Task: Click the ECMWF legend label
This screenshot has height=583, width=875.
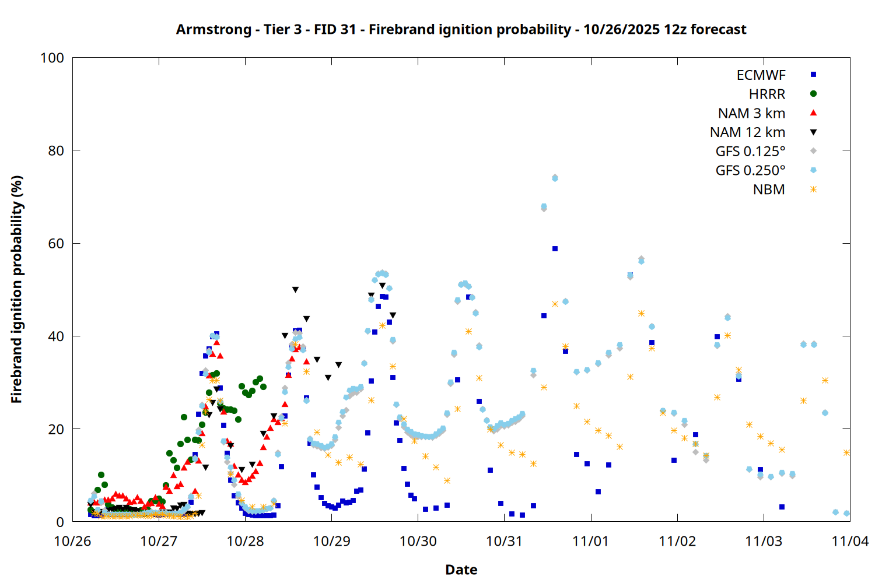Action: point(761,75)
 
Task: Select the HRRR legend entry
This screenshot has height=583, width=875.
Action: point(767,94)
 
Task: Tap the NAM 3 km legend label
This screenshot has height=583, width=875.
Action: point(751,114)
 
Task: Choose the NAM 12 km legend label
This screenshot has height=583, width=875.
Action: point(747,133)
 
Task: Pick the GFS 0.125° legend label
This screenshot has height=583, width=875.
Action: point(750,152)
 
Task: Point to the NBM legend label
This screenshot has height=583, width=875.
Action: point(769,190)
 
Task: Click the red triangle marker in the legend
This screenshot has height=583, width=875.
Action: point(813,113)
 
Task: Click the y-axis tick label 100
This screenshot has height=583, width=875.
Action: point(52,58)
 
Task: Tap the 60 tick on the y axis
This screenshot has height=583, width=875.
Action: point(56,244)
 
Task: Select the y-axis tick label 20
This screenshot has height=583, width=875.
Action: point(56,430)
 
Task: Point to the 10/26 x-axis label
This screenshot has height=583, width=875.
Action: point(72,542)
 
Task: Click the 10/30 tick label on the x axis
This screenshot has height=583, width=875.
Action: point(418,542)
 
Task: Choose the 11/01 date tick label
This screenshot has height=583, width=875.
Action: point(591,542)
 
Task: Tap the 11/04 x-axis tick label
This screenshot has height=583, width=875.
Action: point(850,542)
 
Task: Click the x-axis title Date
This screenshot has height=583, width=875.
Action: point(461,570)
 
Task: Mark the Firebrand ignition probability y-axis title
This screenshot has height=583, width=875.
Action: point(17,289)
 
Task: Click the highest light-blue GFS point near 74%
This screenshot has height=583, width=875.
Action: point(555,178)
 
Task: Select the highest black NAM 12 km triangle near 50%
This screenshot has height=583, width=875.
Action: point(295,290)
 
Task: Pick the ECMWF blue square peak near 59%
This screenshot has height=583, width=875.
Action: point(555,249)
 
